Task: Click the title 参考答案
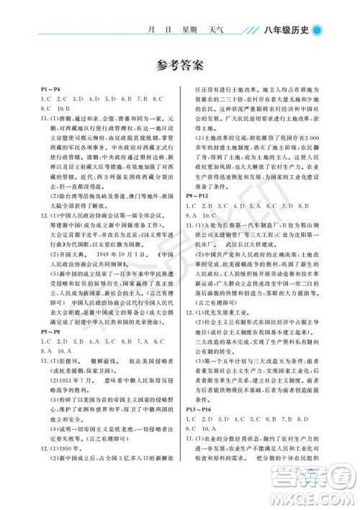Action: click(x=179, y=66)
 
